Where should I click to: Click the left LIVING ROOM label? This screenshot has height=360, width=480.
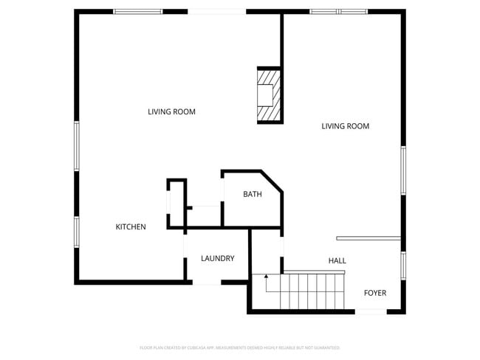pyautogui.click(x=171, y=112)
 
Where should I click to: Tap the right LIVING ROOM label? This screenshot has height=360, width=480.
pyautogui.click(x=345, y=126)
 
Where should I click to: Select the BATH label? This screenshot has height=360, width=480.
pyautogui.click(x=253, y=195)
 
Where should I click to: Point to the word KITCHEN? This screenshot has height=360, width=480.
pyautogui.click(x=131, y=227)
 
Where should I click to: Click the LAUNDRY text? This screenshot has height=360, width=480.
pyautogui.click(x=218, y=258)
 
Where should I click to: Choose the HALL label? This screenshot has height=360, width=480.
pyautogui.click(x=337, y=260)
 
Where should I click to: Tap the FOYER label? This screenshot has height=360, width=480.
pyautogui.click(x=375, y=293)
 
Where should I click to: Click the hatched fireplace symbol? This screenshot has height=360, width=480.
pyautogui.click(x=268, y=94)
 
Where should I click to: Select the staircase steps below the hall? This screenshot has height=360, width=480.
pyautogui.click(x=310, y=292)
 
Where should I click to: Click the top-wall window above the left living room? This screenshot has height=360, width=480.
pyautogui.click(x=137, y=12)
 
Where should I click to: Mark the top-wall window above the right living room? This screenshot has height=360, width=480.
pyautogui.click(x=337, y=12)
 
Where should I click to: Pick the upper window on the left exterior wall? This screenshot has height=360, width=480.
pyautogui.click(x=76, y=145)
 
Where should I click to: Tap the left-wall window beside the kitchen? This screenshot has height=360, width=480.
pyautogui.click(x=76, y=231)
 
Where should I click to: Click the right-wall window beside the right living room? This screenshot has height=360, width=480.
pyautogui.click(x=403, y=170)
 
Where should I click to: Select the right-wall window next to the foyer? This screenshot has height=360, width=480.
pyautogui.click(x=403, y=266)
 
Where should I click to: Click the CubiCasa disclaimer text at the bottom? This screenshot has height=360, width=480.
pyautogui.click(x=239, y=347)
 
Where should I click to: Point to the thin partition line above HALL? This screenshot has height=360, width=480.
pyautogui.click(x=368, y=238)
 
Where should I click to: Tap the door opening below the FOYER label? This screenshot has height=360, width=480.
pyautogui.click(x=371, y=312)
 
